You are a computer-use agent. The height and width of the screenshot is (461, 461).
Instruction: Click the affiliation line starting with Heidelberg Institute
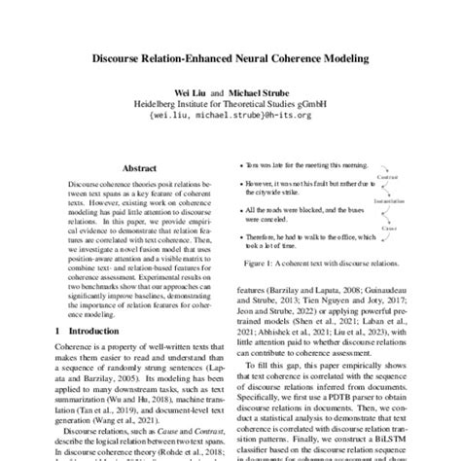click(x=230, y=101)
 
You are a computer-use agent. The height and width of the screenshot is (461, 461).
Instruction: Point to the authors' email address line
click(x=230, y=114)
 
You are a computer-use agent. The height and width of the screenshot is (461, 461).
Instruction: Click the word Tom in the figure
click(x=254, y=166)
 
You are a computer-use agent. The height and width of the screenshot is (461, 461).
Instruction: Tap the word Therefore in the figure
click(x=264, y=237)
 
